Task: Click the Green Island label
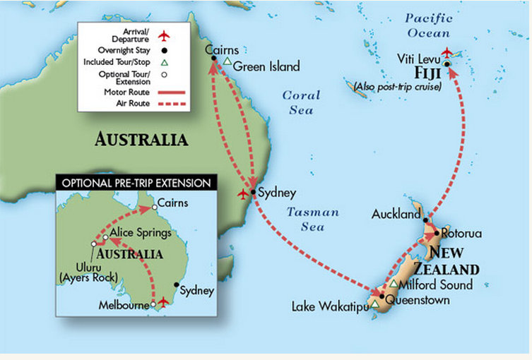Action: (x=266, y=67)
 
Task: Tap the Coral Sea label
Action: (x=301, y=102)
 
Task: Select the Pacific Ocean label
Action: (x=428, y=26)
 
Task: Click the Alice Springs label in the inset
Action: (x=138, y=233)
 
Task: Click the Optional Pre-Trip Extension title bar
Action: (x=136, y=182)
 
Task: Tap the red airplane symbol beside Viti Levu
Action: (x=447, y=52)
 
